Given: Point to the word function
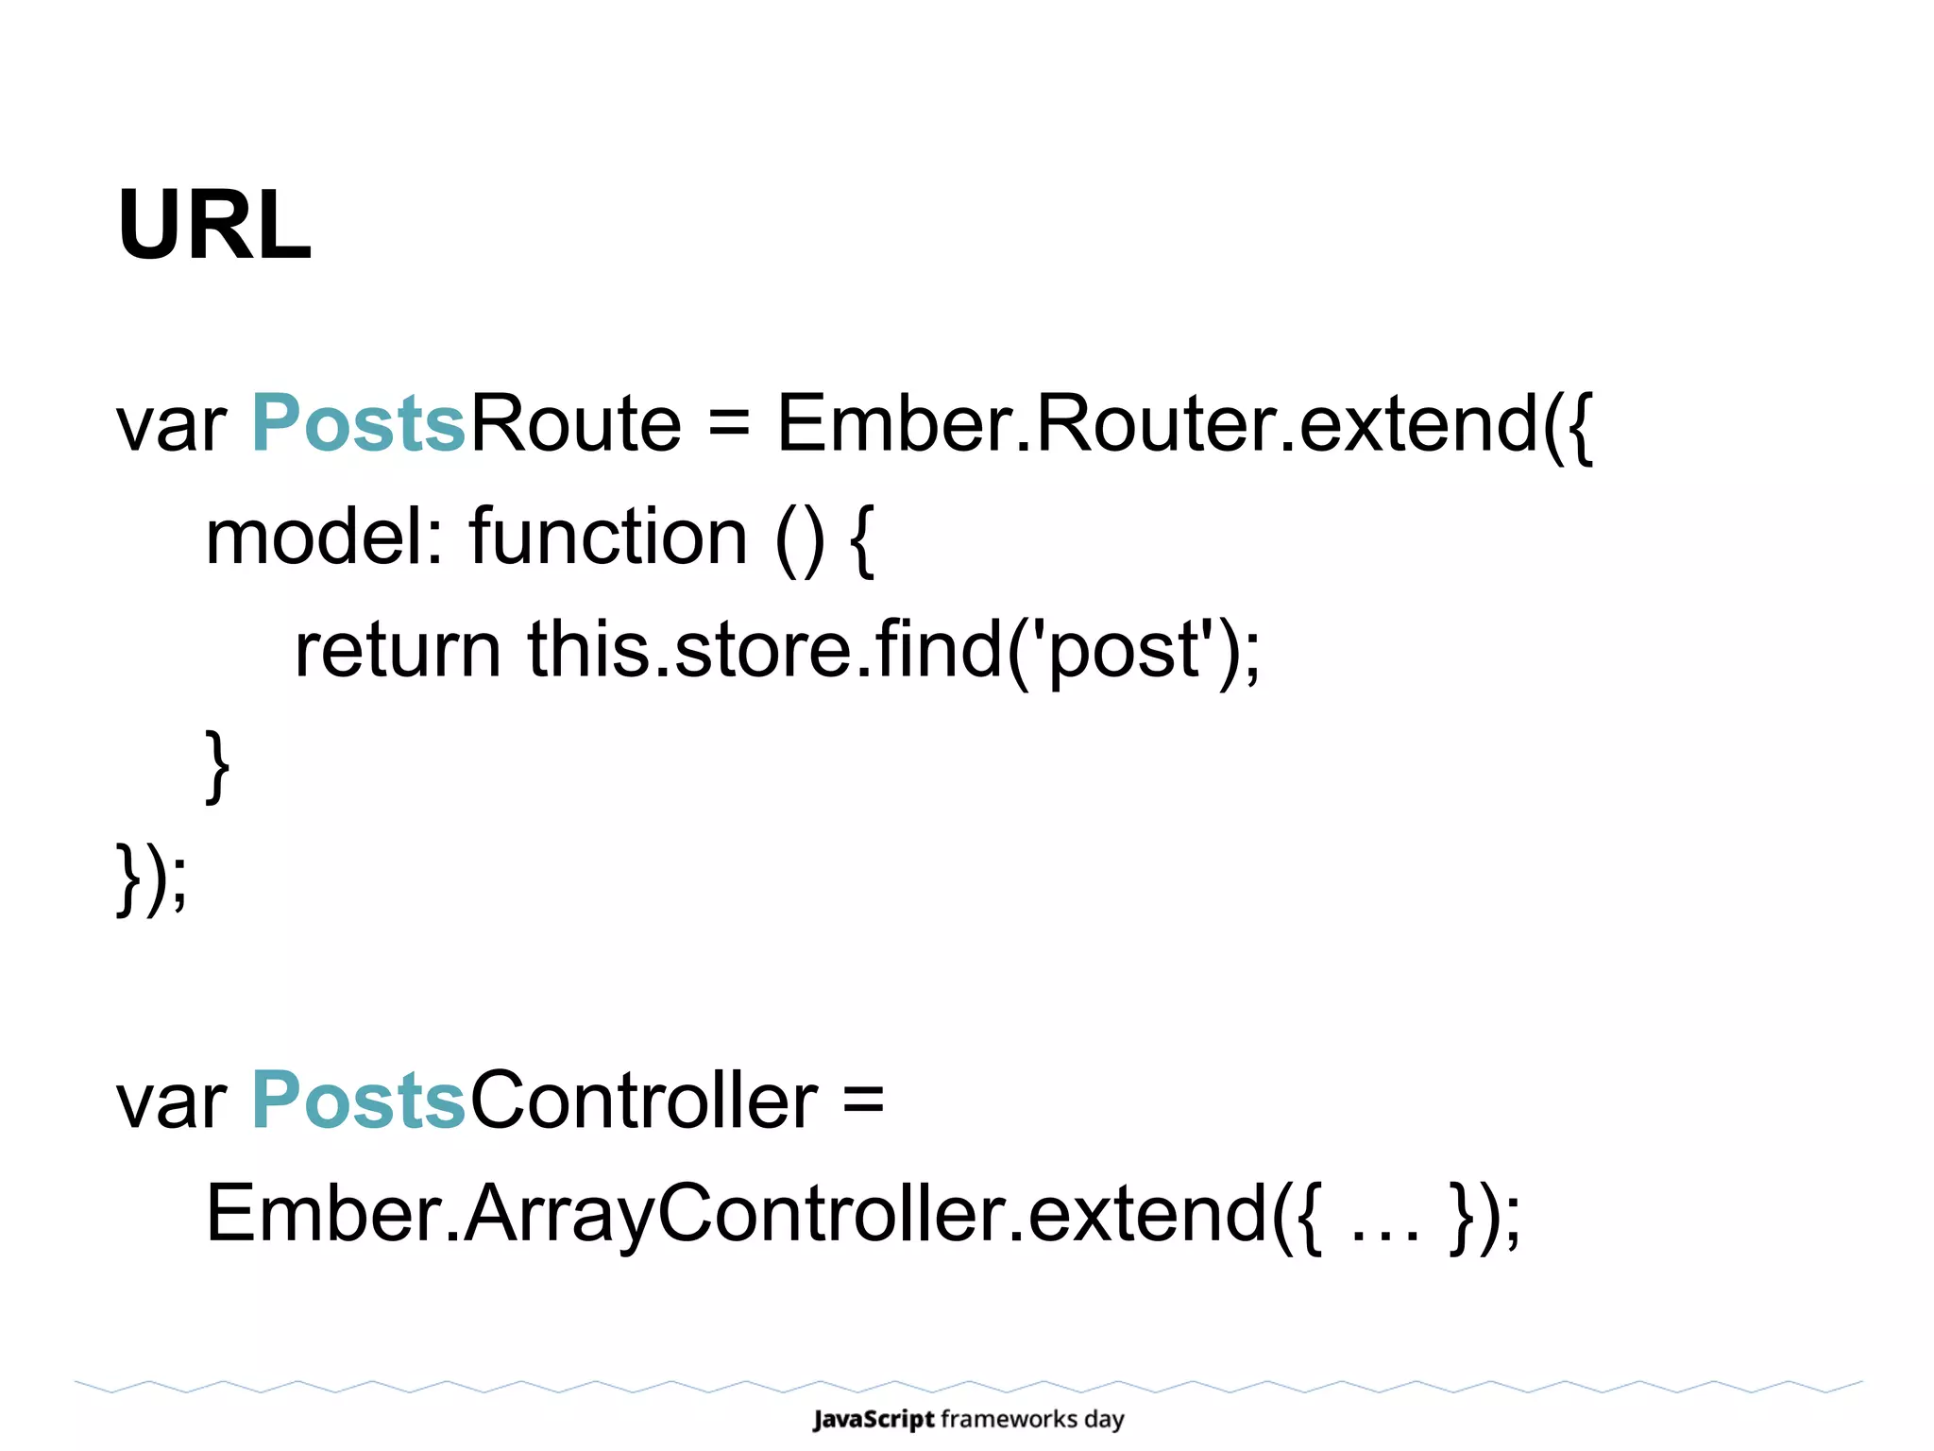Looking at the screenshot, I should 609,537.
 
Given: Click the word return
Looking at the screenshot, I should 398,650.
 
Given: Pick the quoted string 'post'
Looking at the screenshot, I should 1124,650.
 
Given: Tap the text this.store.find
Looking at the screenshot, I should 765,650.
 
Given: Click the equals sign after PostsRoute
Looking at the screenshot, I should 728,425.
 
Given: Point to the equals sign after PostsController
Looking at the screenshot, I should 863,1102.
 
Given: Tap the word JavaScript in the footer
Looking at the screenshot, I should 874,1419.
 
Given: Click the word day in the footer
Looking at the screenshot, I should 1104,1420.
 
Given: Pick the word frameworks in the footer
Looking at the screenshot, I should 1009,1419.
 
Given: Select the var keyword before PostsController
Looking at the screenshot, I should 171,1102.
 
